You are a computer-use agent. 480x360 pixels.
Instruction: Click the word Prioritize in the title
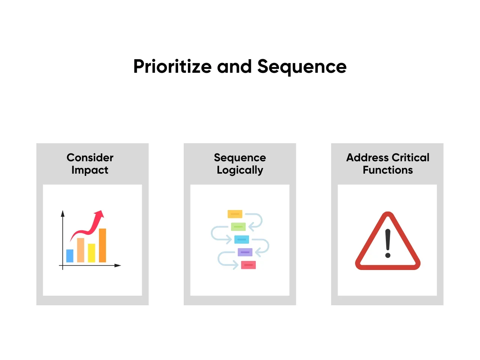point(172,67)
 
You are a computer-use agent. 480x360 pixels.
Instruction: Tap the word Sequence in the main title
point(302,67)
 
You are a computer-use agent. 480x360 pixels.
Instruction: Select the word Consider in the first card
point(90,157)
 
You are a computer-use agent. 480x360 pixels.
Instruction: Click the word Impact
point(90,170)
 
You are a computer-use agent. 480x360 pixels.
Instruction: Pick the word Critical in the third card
point(411,157)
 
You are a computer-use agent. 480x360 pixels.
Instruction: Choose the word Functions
point(388,170)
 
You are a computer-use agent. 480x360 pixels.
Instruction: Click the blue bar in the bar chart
point(70,256)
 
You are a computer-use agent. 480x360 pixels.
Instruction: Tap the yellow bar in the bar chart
point(91,253)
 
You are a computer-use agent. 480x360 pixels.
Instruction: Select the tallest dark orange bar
point(102,245)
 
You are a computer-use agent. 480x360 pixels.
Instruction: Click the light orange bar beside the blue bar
point(81,250)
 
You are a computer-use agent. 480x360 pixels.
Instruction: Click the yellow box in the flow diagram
point(235,214)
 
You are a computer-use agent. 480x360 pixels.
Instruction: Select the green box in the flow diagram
point(238,226)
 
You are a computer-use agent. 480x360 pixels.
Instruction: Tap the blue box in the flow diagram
point(241,239)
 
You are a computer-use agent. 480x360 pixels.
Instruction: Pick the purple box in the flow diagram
point(245,252)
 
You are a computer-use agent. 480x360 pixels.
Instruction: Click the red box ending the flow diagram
point(248,265)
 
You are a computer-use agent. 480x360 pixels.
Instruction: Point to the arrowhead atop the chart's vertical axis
point(63,213)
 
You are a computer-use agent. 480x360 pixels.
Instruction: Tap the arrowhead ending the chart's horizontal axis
point(118,265)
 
